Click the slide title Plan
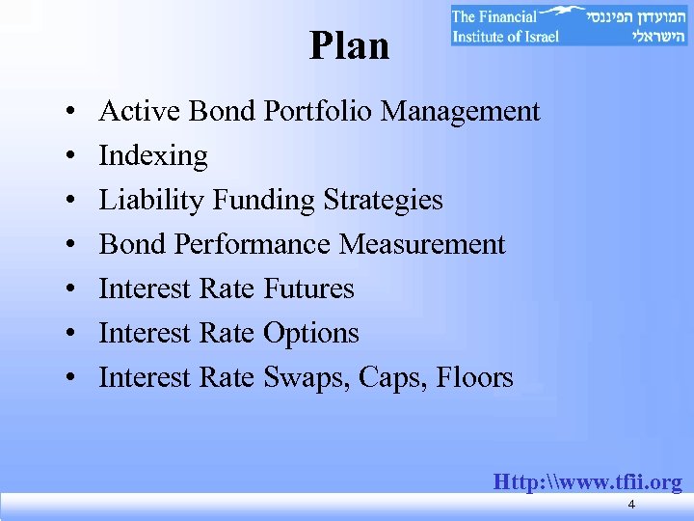pos(349,45)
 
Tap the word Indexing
pos(153,155)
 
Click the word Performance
pos(253,244)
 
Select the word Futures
pos(308,288)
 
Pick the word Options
pos(310,333)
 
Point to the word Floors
pos(473,377)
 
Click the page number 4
pos(630,506)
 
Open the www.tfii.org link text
pos(587,481)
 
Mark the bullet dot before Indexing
pos(74,157)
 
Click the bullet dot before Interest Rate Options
pos(74,335)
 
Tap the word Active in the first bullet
pos(141,111)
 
